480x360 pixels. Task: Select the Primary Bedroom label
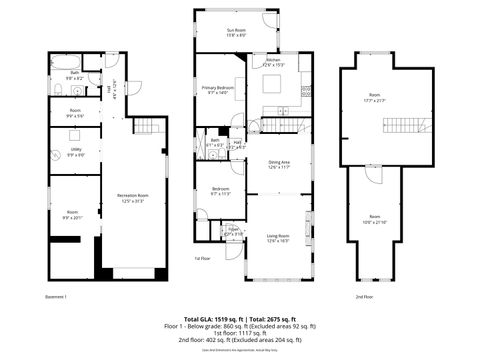[216, 90]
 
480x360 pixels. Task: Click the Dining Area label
[279, 164]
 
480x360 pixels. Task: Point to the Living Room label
[277, 238]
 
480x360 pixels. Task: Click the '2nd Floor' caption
[365, 297]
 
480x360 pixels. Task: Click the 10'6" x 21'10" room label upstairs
[374, 219]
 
